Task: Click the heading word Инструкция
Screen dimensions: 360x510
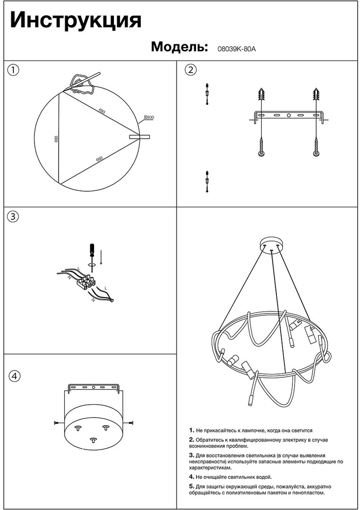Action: point(76,21)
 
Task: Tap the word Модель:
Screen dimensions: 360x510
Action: point(180,47)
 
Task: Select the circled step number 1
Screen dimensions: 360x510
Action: point(13,69)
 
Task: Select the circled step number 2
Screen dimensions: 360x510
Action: point(190,69)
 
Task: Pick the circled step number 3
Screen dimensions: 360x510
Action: point(13,217)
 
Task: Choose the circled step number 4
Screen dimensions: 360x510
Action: point(14,376)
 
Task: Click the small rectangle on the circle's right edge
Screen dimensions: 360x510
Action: point(140,137)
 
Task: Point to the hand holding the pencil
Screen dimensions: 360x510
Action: point(81,84)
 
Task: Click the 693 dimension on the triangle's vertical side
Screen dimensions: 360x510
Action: point(56,139)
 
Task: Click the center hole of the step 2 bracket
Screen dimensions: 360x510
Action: point(289,115)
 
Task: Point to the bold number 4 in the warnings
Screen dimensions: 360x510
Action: point(191,477)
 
